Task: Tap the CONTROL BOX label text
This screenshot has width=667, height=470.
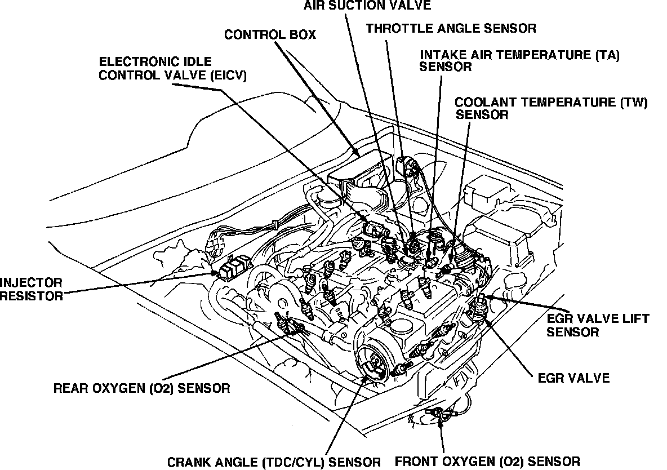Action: tap(270, 35)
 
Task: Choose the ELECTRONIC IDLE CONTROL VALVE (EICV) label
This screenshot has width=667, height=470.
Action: tap(172, 68)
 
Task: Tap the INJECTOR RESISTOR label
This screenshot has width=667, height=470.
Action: tap(32, 289)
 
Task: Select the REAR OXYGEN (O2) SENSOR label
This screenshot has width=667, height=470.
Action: tap(141, 388)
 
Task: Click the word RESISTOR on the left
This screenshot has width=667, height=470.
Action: tap(32, 295)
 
